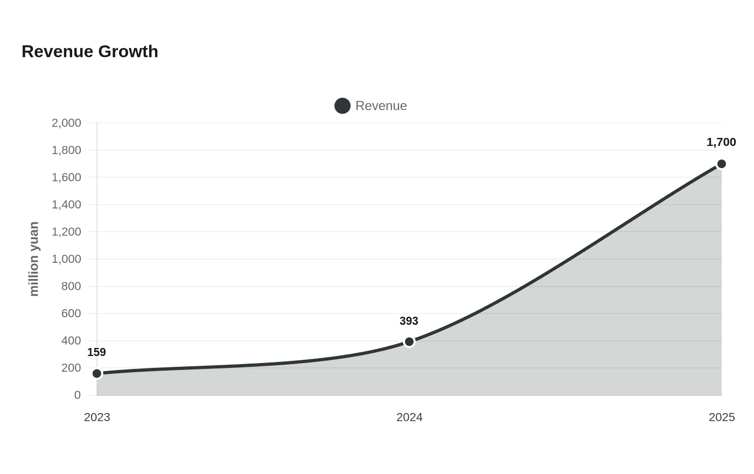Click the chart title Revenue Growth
90,52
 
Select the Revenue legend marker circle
343,106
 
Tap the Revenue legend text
381,106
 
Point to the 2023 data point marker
97,373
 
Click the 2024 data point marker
409,341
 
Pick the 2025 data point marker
721,164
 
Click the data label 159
96,352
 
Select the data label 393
409,321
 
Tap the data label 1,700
721,142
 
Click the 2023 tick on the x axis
97,417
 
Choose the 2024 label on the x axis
409,417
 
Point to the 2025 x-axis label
722,417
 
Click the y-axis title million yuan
34,259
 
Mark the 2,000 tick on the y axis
66,123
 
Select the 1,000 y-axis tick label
66,259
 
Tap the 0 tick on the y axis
78,395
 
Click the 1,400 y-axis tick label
66,204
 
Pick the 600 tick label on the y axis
71,313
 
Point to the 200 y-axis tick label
71,367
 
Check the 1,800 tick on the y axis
66,150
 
